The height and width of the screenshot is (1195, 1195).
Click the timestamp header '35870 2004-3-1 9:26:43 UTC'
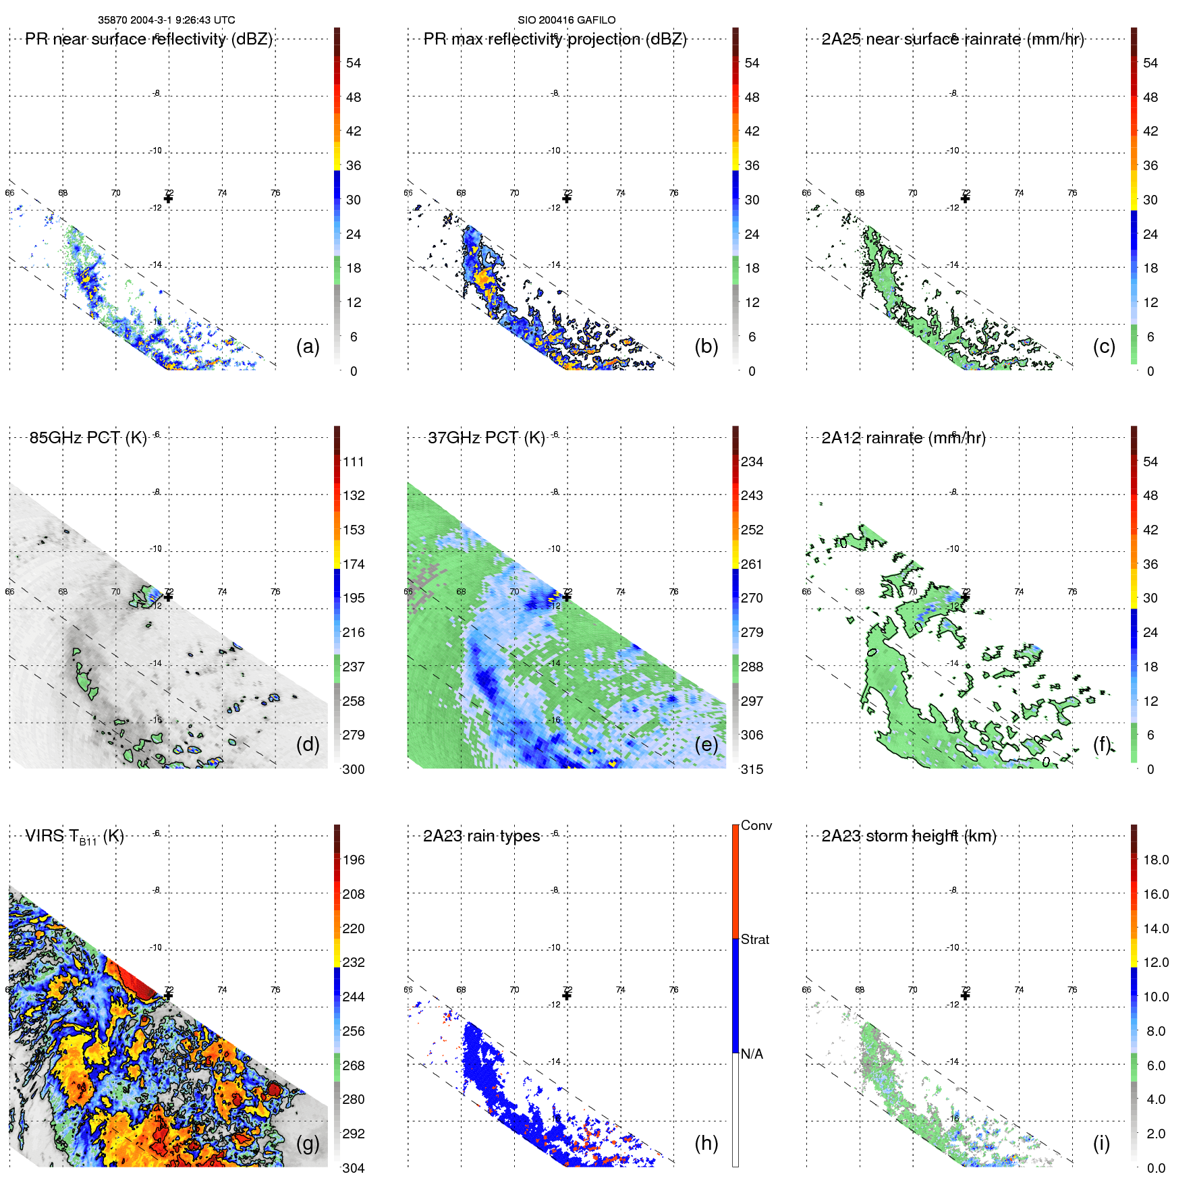point(167,20)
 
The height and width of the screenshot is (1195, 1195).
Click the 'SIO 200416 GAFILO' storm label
point(566,20)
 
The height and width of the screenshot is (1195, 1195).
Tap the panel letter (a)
point(308,346)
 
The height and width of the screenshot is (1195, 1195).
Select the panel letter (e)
point(706,744)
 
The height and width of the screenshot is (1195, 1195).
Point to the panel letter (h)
point(706,1142)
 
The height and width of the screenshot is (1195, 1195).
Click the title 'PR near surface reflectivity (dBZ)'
point(149,39)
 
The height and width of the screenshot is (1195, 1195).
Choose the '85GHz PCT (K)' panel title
point(88,438)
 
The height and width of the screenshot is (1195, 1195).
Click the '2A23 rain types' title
point(481,836)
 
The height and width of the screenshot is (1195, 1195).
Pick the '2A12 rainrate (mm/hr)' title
point(904,438)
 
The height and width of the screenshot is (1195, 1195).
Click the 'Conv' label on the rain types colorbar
point(756,825)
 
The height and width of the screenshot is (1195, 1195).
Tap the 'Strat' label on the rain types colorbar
point(755,939)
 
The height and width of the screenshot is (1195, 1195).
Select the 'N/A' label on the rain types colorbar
point(752,1054)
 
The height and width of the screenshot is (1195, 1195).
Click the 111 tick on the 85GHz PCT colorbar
point(354,462)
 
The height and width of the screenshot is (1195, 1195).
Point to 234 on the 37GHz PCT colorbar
point(752,462)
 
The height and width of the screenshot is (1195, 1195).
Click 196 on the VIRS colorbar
point(354,860)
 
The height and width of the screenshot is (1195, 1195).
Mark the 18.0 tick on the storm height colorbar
point(1156,860)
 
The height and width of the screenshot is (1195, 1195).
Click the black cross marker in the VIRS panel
point(168,995)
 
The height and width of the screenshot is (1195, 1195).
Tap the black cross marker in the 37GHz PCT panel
point(567,596)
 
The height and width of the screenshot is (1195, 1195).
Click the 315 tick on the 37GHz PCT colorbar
point(752,769)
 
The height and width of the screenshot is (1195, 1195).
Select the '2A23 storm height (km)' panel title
point(909,836)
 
